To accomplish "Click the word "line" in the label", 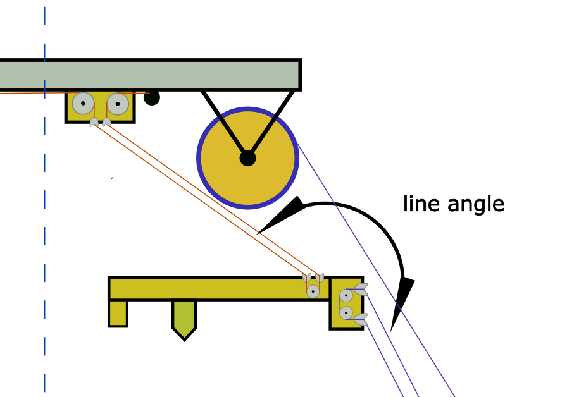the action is [x=421, y=204].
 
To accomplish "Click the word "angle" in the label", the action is [x=476, y=205].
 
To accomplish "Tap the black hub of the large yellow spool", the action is [x=247, y=158].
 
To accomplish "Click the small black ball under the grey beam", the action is [x=152, y=97].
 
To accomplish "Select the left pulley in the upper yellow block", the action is [x=83, y=103].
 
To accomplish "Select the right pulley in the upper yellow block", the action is [x=118, y=104].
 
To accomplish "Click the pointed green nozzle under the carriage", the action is [x=184, y=320].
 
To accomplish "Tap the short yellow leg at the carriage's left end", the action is [x=118, y=314].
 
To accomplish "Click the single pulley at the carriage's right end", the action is [x=313, y=291].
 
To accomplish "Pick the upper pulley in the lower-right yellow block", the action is [x=346, y=296].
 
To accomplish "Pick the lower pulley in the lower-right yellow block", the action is [x=346, y=313].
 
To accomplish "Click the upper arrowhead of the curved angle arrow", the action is [x=283, y=215].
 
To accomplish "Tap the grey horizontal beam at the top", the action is [x=150, y=75].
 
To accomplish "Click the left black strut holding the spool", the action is [x=224, y=123].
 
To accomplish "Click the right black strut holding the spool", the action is [x=271, y=123].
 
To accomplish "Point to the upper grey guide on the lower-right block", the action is [x=361, y=290].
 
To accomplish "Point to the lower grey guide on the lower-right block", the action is [x=361, y=320].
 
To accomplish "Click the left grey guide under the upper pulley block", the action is [x=94, y=122].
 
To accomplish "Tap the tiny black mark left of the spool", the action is [x=112, y=178].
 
